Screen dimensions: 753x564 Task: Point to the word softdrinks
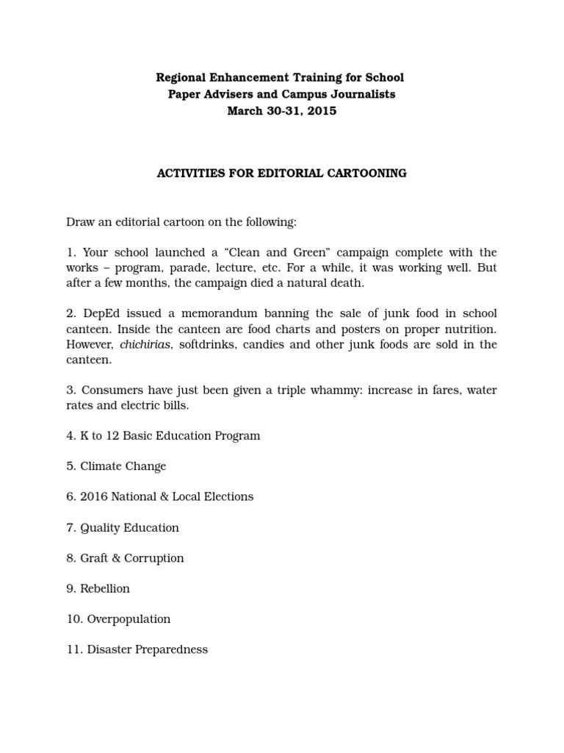pyautogui.click(x=203, y=345)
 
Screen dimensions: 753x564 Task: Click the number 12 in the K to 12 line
pyautogui.click(x=112, y=436)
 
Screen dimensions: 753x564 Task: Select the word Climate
pyautogui.click(x=106, y=466)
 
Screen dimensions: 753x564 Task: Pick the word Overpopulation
pyautogui.click(x=129, y=619)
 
